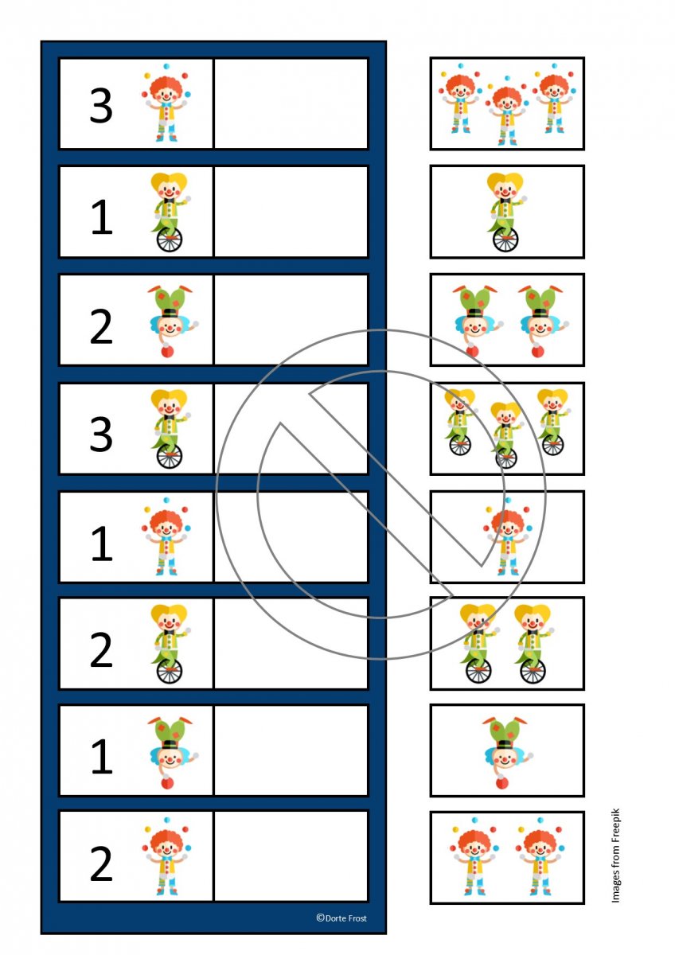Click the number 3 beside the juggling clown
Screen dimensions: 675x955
click(x=101, y=106)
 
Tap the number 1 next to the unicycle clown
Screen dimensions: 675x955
click(x=102, y=217)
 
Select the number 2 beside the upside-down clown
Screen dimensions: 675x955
click(x=101, y=326)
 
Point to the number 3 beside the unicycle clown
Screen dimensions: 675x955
click(x=101, y=434)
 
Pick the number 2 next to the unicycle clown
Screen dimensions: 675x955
click(x=101, y=649)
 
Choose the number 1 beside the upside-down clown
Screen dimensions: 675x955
click(x=102, y=756)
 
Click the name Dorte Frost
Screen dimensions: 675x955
click(x=345, y=918)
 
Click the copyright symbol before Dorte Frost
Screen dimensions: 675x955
click(x=320, y=918)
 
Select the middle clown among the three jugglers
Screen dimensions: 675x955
click(x=506, y=111)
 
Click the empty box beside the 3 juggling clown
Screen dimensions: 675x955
click(x=291, y=103)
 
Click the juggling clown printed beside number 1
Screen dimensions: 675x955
click(x=166, y=536)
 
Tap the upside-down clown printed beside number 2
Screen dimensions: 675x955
click(x=173, y=321)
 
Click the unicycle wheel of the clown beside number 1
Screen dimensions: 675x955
click(x=170, y=240)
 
